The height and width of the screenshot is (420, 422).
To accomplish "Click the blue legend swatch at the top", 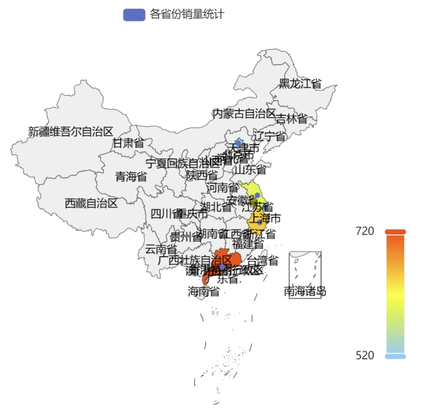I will click(x=134, y=15).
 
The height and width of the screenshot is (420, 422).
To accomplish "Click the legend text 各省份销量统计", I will click(x=187, y=15).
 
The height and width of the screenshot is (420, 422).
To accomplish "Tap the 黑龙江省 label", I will click(x=300, y=84).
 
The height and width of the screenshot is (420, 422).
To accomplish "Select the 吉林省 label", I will click(x=291, y=119).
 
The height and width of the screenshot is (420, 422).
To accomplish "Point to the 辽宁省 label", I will click(x=270, y=137).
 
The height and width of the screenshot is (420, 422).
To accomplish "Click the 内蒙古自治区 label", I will click(x=244, y=114).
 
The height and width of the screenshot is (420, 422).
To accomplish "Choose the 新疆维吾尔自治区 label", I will click(x=71, y=132).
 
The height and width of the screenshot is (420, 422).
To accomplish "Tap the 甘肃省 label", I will click(x=128, y=143).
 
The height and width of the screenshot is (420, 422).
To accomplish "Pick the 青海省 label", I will click(x=131, y=177).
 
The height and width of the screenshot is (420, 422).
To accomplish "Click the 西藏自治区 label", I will click(x=91, y=204).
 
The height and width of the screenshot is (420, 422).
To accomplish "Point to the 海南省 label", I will click(x=203, y=292).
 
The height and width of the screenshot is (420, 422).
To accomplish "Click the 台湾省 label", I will click(x=263, y=261).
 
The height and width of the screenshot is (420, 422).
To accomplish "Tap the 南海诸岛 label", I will click(x=305, y=291).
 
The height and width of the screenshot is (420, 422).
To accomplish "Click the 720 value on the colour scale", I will click(x=365, y=231).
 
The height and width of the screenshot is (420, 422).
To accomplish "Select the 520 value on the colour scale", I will click(x=365, y=355).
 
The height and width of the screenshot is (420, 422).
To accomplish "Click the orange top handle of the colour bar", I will click(x=396, y=232).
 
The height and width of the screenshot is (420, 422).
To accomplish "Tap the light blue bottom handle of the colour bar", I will click(x=396, y=356).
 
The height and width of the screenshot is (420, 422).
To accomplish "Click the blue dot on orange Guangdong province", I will click(x=222, y=267).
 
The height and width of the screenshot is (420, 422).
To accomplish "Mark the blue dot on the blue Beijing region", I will click(x=238, y=142).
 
